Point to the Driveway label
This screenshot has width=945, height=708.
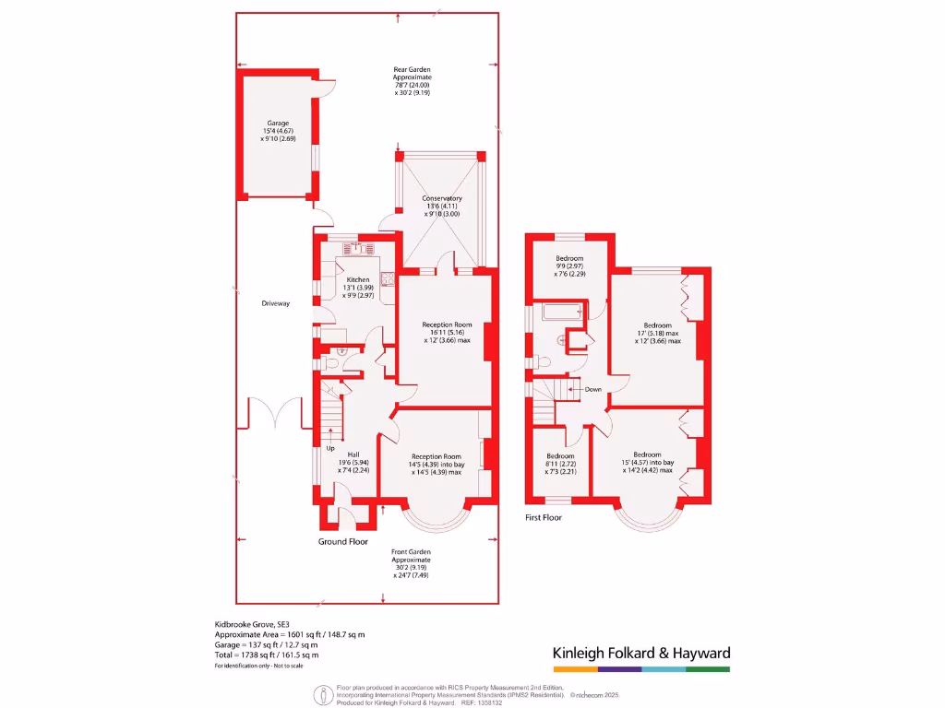(276, 303)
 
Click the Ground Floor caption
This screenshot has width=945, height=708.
(343, 541)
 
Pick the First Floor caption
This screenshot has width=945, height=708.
(543, 517)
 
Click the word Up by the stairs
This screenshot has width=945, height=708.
(329, 449)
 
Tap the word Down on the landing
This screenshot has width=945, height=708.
(592, 389)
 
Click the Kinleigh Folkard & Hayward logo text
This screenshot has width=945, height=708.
(641, 653)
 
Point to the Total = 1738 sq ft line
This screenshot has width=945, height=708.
(268, 655)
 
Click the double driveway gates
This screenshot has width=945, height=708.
(276, 413)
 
